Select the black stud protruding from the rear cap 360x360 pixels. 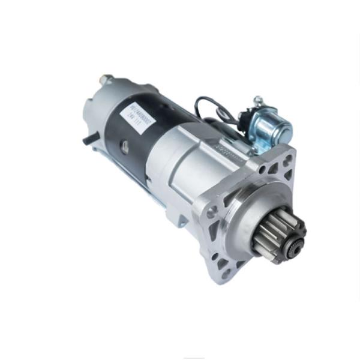click(88, 140)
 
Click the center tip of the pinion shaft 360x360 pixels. click(295, 247)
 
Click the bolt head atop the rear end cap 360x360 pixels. click(107, 79)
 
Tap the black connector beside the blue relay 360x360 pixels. click(244, 119)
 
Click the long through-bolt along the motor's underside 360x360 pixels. click(138, 180)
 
